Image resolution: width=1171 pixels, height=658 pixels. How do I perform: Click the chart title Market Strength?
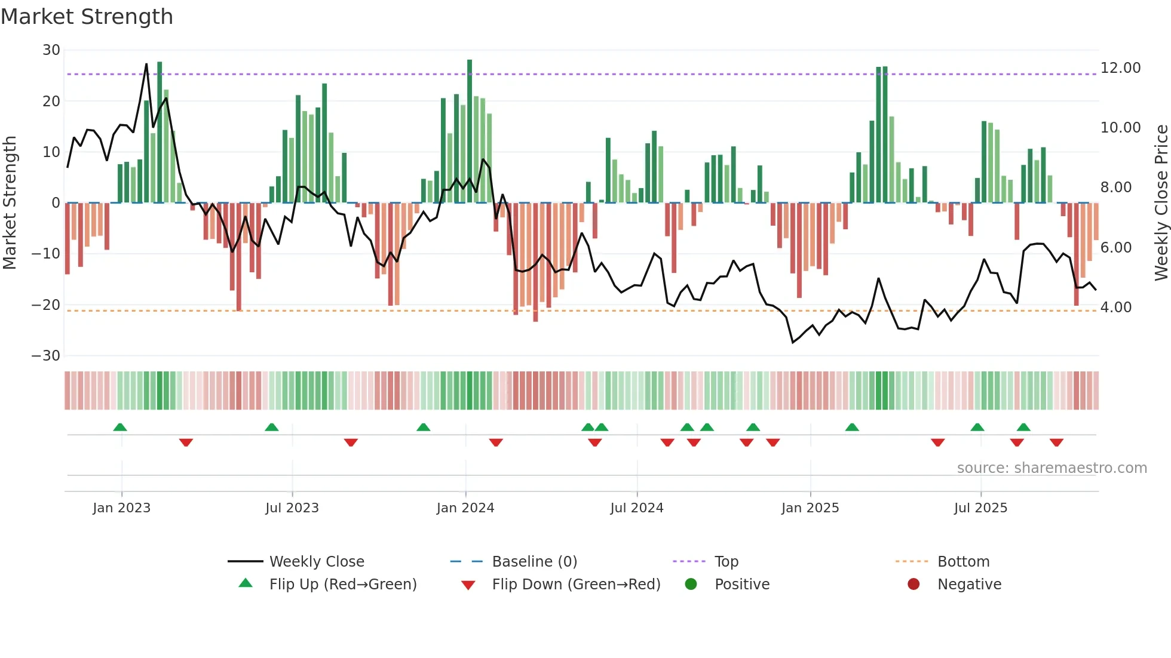pyautogui.click(x=87, y=17)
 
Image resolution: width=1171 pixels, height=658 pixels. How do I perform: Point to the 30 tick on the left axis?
pyautogui.click(x=51, y=50)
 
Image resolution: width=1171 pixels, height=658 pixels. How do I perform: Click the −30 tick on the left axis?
pyautogui.click(x=46, y=356)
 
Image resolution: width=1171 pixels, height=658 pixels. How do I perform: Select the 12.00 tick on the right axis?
pyautogui.click(x=1120, y=68)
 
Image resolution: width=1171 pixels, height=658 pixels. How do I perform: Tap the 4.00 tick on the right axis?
pyautogui.click(x=1115, y=308)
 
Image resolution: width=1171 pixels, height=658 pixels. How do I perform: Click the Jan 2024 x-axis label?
pyautogui.click(x=465, y=508)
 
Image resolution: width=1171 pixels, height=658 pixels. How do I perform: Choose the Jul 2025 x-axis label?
pyautogui.click(x=980, y=508)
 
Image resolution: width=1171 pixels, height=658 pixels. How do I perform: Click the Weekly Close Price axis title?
pyautogui.click(x=1161, y=202)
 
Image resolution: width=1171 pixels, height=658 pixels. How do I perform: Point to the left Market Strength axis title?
pyautogui.click(x=10, y=202)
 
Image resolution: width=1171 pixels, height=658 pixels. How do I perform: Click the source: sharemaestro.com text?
pyautogui.click(x=1052, y=468)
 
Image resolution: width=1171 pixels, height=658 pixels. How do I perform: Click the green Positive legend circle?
pyautogui.click(x=691, y=585)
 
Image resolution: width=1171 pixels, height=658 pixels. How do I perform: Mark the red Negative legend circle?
pyautogui.click(x=913, y=585)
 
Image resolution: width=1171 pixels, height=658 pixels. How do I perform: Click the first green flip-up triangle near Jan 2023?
pyautogui.click(x=120, y=428)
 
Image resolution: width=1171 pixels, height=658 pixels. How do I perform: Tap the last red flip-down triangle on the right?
pyautogui.click(x=1056, y=442)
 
